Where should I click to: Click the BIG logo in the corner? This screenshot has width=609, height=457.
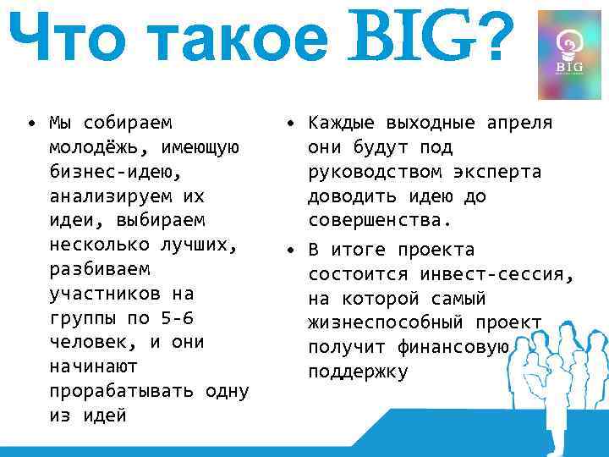coord(568,56)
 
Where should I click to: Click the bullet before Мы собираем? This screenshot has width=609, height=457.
coord(30,123)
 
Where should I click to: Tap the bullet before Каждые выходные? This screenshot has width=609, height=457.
coord(289,123)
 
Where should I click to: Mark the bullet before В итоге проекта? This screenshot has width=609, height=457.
coord(289,251)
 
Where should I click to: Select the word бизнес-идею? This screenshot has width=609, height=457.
coord(115,172)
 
